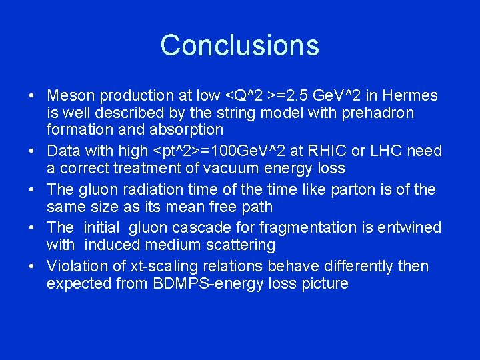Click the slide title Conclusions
pyautogui.click(x=239, y=45)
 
